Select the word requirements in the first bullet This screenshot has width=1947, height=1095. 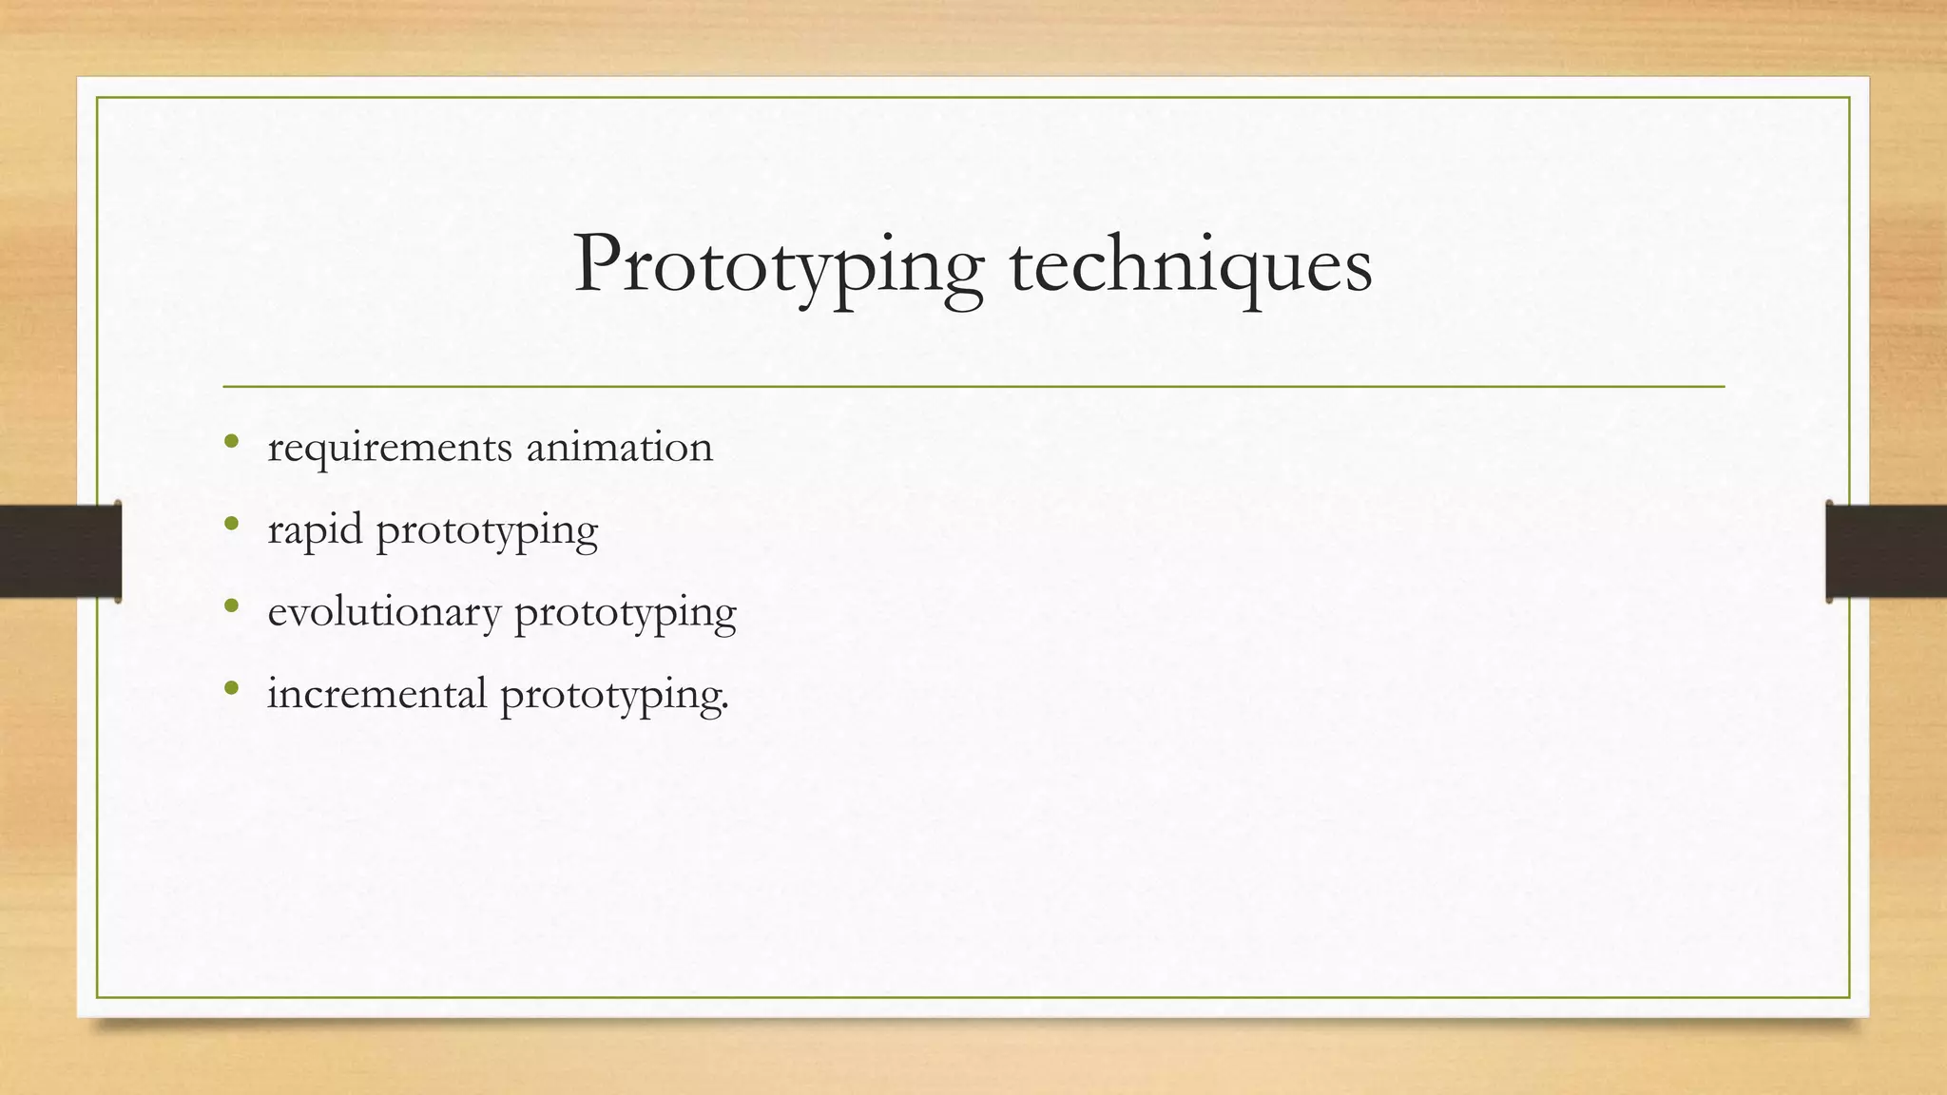(390, 448)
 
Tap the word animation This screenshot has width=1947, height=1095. (619, 446)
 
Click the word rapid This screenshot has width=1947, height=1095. (315, 530)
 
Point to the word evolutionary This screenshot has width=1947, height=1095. (384, 612)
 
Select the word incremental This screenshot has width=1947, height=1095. (376, 693)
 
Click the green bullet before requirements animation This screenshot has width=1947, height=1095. (231, 441)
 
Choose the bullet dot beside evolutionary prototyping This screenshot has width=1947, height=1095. (231, 605)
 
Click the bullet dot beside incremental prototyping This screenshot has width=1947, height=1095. (231, 687)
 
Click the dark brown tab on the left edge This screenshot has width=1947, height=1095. (60, 551)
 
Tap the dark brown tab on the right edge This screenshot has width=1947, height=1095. (1886, 551)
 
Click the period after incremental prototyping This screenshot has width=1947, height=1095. (725, 706)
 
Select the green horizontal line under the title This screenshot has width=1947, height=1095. (973, 387)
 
